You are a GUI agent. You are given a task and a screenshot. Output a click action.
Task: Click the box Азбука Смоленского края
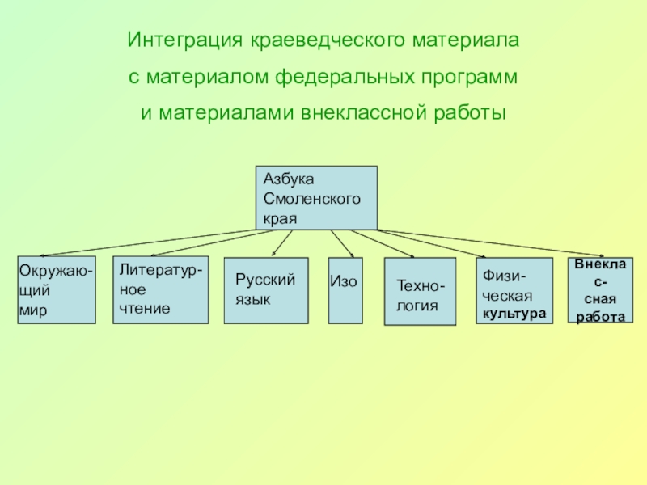[x=316, y=196]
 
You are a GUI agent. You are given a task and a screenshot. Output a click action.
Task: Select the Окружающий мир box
[x=57, y=290]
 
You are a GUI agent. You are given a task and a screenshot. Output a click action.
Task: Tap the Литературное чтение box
[x=159, y=289]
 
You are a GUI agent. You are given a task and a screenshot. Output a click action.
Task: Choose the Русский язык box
[x=266, y=290]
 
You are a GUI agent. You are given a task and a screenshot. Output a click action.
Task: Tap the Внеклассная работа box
[x=599, y=290]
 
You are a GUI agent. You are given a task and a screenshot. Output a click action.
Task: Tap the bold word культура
[x=514, y=312]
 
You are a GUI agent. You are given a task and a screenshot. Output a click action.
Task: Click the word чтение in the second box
[x=145, y=309]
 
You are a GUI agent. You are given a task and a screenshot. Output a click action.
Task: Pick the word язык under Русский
[x=252, y=299]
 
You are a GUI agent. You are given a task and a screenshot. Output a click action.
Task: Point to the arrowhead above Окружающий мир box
[x=32, y=255]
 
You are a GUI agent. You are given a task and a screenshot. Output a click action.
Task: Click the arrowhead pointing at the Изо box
[x=349, y=254]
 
